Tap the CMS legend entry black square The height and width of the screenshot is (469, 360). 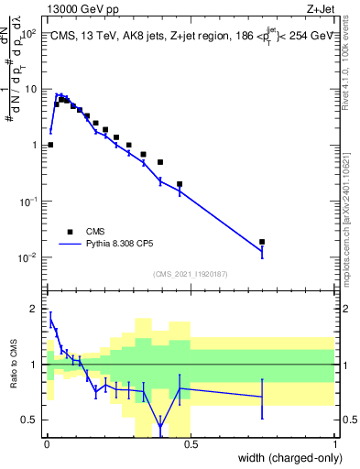click(x=69, y=233)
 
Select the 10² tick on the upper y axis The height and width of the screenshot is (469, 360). click(x=30, y=33)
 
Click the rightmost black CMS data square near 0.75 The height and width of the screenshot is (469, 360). click(x=263, y=242)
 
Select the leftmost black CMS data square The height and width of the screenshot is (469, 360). click(x=50, y=145)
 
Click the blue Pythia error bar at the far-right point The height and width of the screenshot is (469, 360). click(x=263, y=250)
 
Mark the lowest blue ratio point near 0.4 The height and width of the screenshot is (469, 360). click(x=160, y=427)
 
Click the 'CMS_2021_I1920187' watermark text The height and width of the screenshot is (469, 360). click(x=191, y=274)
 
